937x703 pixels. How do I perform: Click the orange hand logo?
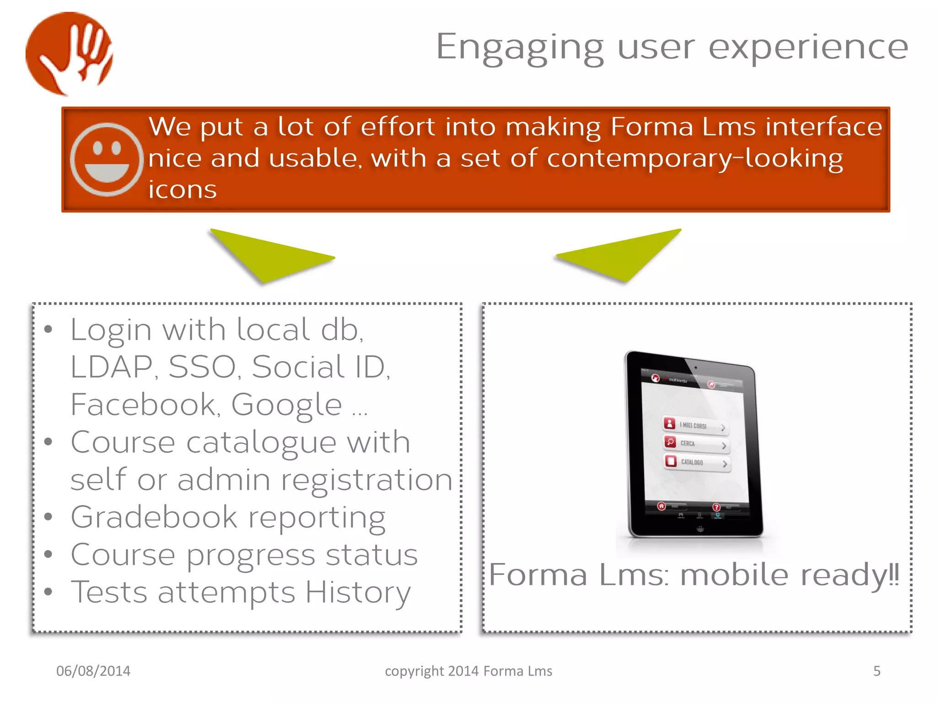[x=70, y=54]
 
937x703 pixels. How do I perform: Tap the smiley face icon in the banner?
[x=107, y=159]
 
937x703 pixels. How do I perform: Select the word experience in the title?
[x=808, y=47]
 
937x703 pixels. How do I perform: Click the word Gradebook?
[x=154, y=517]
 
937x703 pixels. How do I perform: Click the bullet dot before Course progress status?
[x=48, y=554]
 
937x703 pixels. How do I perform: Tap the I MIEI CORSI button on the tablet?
[x=695, y=426]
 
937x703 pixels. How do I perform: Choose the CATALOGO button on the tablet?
[x=697, y=462]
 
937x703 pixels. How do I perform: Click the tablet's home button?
[x=700, y=529]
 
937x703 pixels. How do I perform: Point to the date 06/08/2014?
[x=93, y=671]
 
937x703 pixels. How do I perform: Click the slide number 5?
[x=877, y=671]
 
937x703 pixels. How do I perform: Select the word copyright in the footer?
[x=415, y=671]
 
